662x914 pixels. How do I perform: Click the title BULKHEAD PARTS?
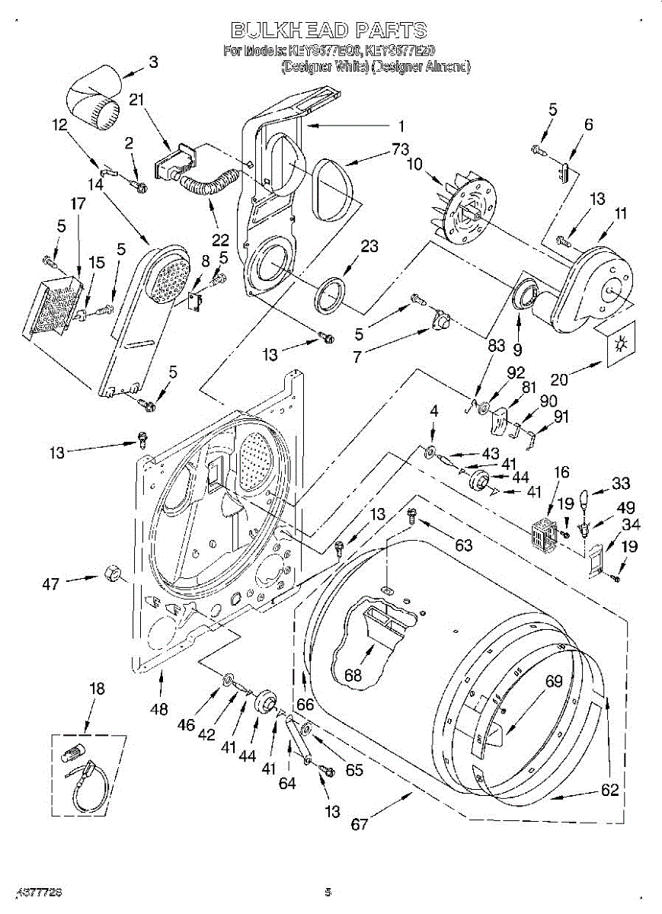[329, 30]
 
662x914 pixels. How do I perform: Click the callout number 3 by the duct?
[153, 62]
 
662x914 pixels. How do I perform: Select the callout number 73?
[401, 150]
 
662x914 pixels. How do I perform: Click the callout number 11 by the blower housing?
[621, 214]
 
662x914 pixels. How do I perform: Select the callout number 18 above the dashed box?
[97, 689]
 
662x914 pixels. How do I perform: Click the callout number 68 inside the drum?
[352, 674]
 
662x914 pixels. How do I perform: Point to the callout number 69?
[554, 682]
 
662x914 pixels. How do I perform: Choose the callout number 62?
[609, 790]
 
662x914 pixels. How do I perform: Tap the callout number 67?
[359, 824]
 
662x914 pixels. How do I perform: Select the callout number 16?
[561, 472]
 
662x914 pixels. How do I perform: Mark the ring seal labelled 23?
[329, 295]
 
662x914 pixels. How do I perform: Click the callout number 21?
[136, 100]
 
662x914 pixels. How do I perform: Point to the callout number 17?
[78, 204]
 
